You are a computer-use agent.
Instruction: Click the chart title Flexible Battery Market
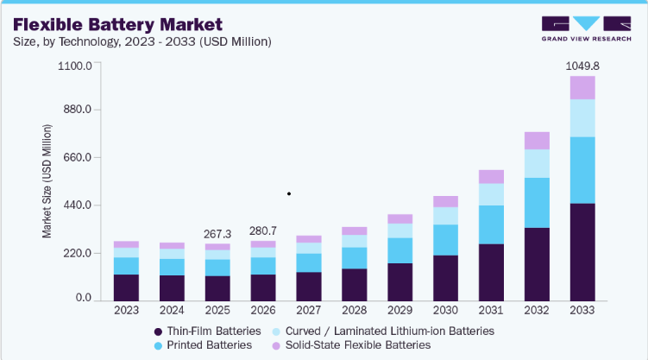point(118,25)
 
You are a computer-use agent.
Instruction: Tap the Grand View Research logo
point(587,28)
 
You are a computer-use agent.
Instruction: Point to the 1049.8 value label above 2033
point(582,66)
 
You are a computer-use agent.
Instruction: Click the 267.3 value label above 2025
point(217,234)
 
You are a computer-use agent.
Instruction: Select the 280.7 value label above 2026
point(263,231)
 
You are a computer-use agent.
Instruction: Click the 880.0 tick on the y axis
point(78,110)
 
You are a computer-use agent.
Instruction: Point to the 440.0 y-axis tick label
point(78,205)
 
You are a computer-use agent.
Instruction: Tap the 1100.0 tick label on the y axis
point(75,66)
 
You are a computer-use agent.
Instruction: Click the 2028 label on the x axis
point(354,311)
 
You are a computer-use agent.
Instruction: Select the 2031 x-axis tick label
point(491,311)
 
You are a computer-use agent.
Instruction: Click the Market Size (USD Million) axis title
point(47,181)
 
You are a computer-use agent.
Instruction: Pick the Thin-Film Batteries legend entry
point(207,331)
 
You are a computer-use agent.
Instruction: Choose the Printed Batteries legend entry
point(203,345)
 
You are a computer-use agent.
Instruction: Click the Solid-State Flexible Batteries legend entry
point(351,345)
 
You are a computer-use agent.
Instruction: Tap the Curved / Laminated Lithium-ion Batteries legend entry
point(383,331)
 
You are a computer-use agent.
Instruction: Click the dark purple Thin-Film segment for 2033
point(582,252)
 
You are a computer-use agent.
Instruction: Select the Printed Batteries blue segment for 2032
point(537,203)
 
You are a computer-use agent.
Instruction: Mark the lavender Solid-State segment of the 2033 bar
point(582,87)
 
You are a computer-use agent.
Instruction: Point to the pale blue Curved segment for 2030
point(445,216)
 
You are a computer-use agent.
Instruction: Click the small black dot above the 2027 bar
point(289,193)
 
